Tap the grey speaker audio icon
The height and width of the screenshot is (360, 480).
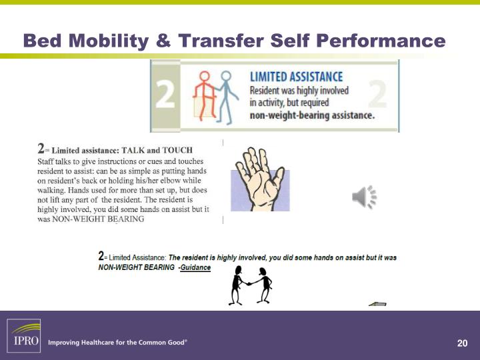coord(364,197)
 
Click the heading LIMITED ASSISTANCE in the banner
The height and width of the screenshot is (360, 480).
coord(296,77)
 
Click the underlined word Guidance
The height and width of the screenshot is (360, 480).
coord(195,267)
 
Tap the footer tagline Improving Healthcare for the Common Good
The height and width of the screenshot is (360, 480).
coord(117,343)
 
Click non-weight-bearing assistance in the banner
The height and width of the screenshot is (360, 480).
coord(311,115)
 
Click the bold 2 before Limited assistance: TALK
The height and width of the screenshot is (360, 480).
coord(41,149)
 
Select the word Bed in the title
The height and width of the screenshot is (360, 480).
coord(42,41)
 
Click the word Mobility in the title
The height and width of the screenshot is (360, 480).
coord(108,41)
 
